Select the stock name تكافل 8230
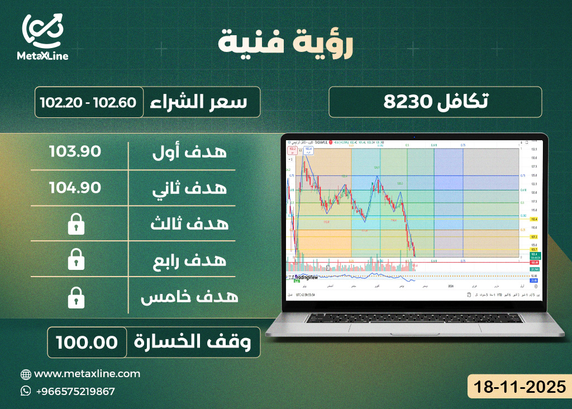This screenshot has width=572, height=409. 435,102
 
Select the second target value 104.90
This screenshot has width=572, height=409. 75,188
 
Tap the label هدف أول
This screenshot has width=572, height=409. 189,152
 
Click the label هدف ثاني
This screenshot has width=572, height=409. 189,188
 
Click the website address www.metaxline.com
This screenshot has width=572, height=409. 87,373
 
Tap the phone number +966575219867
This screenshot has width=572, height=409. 75,391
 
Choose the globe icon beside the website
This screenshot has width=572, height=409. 26,374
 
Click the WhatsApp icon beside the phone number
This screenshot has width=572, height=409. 26,391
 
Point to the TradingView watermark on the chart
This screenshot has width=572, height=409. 306,277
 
